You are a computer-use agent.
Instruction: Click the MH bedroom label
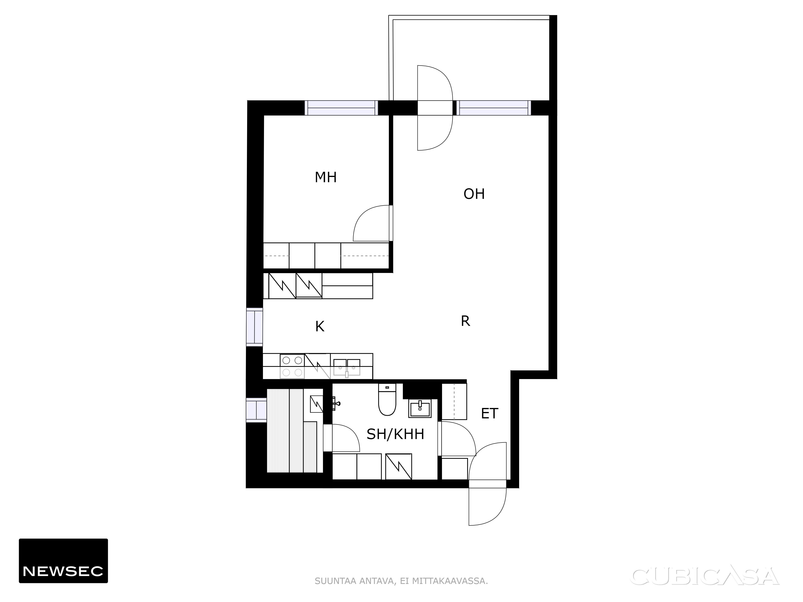(x=326, y=177)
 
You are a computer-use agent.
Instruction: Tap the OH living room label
(x=474, y=194)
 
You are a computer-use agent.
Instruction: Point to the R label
(x=465, y=321)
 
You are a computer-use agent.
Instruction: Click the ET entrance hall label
(x=489, y=414)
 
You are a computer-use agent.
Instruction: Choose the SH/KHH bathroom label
(x=395, y=434)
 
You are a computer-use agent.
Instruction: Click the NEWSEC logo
(x=63, y=561)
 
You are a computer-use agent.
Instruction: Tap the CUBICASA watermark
(x=706, y=576)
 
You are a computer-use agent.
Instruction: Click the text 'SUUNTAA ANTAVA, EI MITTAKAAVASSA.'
(x=401, y=581)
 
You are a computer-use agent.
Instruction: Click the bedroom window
(x=341, y=108)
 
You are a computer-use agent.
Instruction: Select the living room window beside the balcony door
(x=494, y=108)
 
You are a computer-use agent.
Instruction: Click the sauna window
(x=256, y=410)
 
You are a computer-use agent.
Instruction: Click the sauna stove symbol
(x=317, y=404)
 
